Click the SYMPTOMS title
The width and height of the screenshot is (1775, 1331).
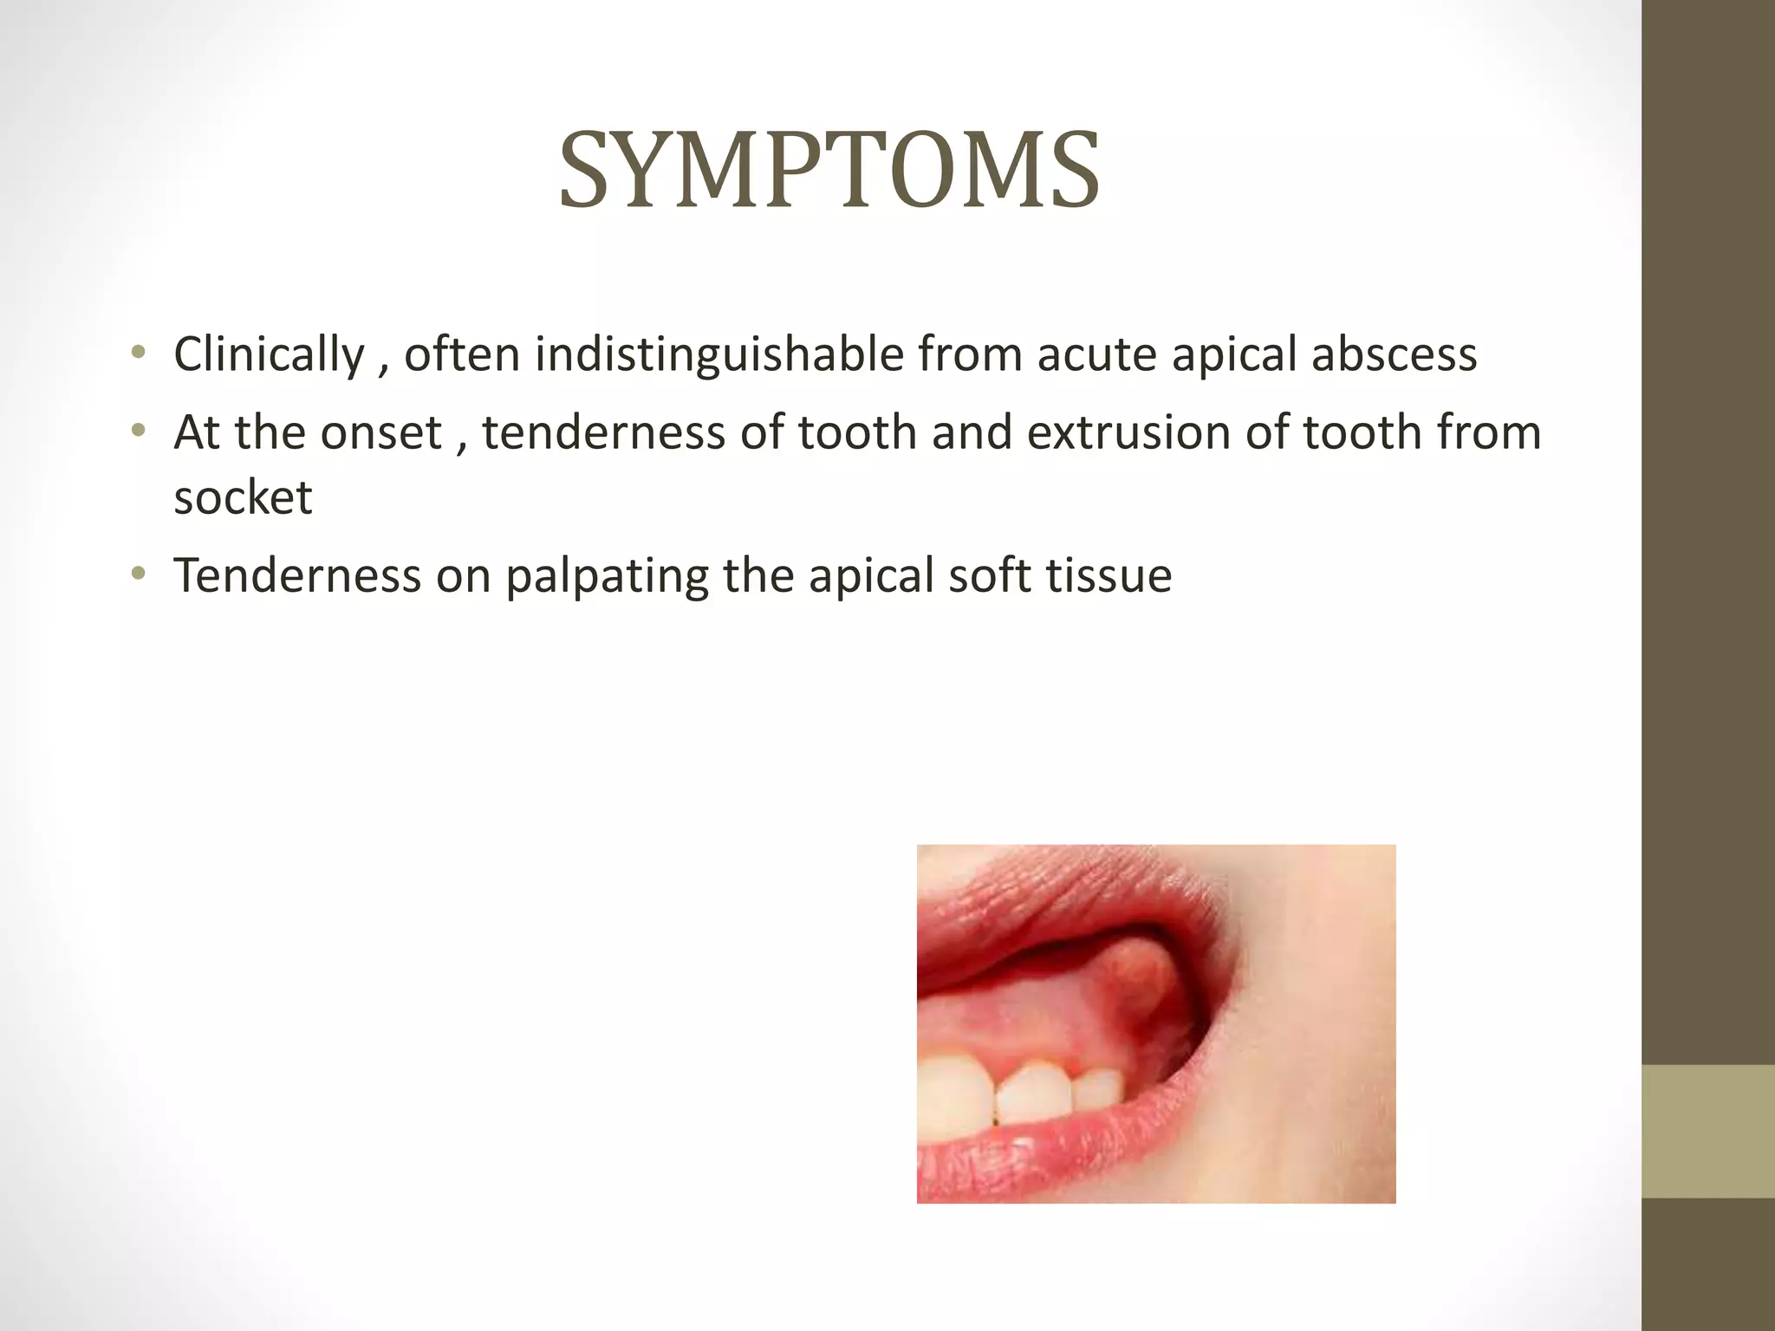829,171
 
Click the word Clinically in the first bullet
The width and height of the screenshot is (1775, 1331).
270,354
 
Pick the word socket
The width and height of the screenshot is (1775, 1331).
243,497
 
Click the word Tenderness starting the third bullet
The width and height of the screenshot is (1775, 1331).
296,575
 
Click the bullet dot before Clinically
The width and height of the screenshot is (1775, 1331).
137,353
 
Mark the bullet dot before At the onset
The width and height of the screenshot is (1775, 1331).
137,431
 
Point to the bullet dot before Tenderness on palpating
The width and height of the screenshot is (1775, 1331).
137,574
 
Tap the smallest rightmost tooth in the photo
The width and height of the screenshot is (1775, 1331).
1098,1089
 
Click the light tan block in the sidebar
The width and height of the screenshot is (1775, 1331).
1707,1131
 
